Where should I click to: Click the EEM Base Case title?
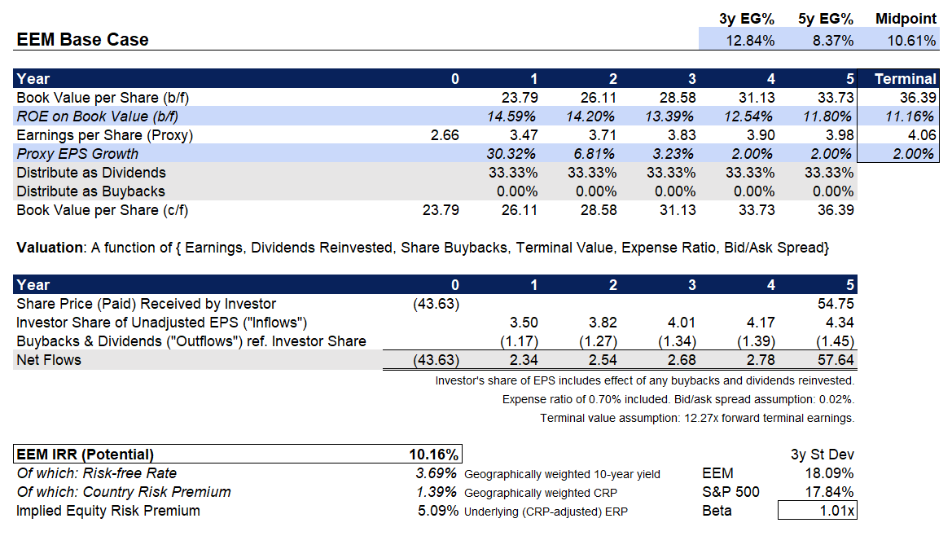point(82,40)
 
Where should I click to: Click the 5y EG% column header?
point(826,18)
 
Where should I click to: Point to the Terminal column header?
point(905,79)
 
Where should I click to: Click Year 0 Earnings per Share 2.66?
point(445,135)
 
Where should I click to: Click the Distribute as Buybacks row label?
point(90,191)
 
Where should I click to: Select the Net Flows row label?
point(49,359)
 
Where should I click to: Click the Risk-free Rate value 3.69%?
point(437,473)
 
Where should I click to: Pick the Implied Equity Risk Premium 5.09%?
point(437,511)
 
